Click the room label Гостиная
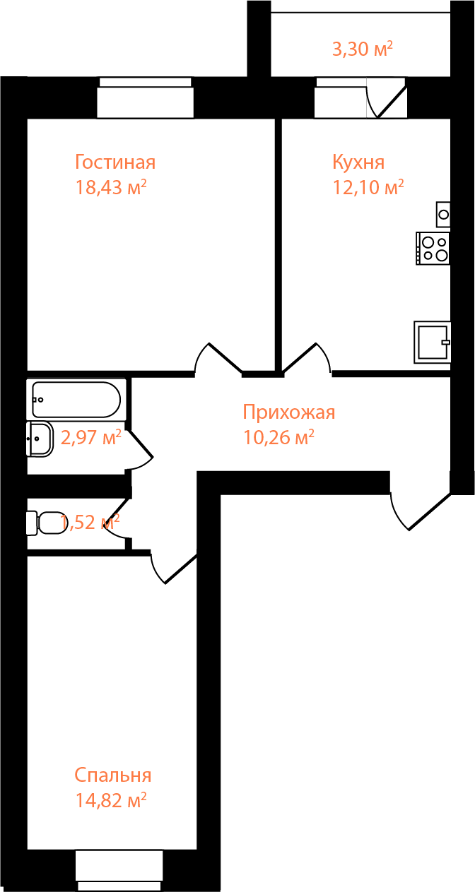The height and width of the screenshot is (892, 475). coord(115,162)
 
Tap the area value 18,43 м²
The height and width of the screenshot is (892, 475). coord(111,188)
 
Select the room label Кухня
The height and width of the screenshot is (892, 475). coord(358,162)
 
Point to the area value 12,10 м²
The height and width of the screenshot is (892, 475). coord(368,188)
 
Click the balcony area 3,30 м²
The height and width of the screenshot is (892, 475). coord(363,49)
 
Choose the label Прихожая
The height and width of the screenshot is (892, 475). coord(288,412)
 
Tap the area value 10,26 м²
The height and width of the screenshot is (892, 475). coord(278,438)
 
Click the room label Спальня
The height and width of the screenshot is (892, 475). coord(112,775)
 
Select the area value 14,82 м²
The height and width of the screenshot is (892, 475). coord(111,801)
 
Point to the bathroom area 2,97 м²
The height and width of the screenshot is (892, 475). coord(91,438)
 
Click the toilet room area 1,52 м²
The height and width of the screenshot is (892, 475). coord(90,523)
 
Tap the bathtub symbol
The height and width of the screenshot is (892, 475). coord(76,400)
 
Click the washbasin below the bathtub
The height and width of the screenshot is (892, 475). coord(39,439)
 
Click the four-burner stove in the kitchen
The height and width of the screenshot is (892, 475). coord(433,249)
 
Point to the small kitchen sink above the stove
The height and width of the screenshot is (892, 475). coord(443,213)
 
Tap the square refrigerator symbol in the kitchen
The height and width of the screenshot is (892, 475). coord(433,343)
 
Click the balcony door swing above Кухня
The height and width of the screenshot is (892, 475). coord(386,98)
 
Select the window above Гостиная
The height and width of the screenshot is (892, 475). coord(145,97)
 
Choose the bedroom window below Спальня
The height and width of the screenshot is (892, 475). coord(119,870)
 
